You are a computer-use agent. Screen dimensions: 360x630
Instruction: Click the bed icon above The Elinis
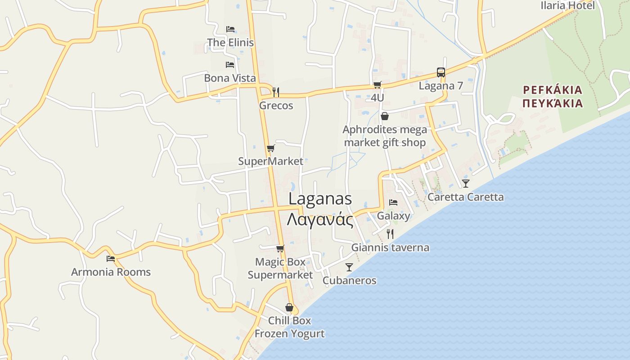(230, 29)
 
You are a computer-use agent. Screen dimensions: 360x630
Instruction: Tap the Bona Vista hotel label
(230, 78)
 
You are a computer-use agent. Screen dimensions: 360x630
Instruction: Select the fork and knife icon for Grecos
(276, 92)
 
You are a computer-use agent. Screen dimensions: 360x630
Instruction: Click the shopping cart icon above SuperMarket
(270, 148)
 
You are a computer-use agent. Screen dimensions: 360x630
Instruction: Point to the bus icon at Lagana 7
(441, 72)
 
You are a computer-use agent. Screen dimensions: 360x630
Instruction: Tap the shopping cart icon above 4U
(378, 85)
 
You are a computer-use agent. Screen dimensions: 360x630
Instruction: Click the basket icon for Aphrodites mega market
(385, 116)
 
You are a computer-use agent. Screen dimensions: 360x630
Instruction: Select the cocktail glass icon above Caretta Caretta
(466, 183)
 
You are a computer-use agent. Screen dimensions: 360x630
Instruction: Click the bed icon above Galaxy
(393, 202)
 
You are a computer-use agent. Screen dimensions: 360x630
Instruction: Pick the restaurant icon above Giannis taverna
(390, 234)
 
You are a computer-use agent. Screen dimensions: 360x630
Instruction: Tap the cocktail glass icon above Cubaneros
(349, 267)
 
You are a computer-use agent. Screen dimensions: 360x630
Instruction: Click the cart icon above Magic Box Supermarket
(280, 248)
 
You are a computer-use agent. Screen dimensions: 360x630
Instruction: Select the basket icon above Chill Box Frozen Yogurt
(289, 307)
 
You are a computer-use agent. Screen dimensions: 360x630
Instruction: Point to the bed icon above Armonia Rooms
(111, 259)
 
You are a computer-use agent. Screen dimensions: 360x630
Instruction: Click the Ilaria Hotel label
(567, 5)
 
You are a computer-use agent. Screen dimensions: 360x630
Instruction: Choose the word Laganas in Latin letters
(320, 198)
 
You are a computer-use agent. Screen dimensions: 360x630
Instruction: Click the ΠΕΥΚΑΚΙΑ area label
(553, 103)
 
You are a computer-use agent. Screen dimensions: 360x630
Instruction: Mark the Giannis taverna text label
(390, 247)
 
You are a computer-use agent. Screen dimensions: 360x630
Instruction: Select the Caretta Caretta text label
(466, 197)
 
